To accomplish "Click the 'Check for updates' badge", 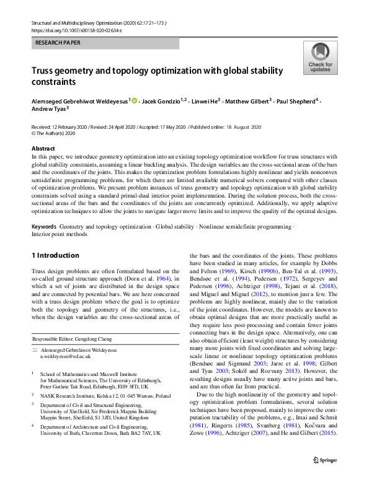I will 320,58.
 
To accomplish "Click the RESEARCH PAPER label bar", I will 105,43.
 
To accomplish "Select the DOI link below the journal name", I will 69,30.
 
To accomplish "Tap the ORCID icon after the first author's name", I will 134,100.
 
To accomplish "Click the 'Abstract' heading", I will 44,149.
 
